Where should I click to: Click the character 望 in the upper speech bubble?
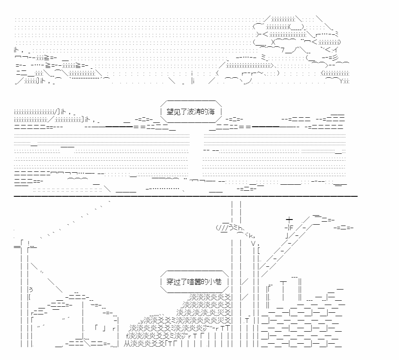(x=170, y=112)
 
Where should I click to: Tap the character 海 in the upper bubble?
(x=211, y=112)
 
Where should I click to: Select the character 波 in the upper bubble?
(x=190, y=112)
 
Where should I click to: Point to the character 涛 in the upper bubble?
(x=197, y=112)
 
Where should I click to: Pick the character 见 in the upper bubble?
(x=177, y=112)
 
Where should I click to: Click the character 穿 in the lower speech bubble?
(x=170, y=282)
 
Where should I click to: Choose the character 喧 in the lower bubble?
(x=190, y=282)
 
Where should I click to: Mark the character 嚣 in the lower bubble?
(x=197, y=282)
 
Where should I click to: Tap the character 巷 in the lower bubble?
(x=218, y=282)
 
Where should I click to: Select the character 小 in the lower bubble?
(x=211, y=282)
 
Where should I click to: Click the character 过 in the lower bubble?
(x=177, y=282)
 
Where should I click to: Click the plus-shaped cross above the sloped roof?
(x=289, y=219)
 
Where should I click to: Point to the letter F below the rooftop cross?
(x=292, y=228)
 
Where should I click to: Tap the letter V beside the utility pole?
(x=253, y=244)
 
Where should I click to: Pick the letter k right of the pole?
(x=251, y=235)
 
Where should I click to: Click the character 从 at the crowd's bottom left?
(x=127, y=344)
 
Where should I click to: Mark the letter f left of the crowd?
(x=128, y=336)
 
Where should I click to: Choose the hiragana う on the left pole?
(x=31, y=290)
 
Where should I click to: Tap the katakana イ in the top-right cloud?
(x=335, y=49)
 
